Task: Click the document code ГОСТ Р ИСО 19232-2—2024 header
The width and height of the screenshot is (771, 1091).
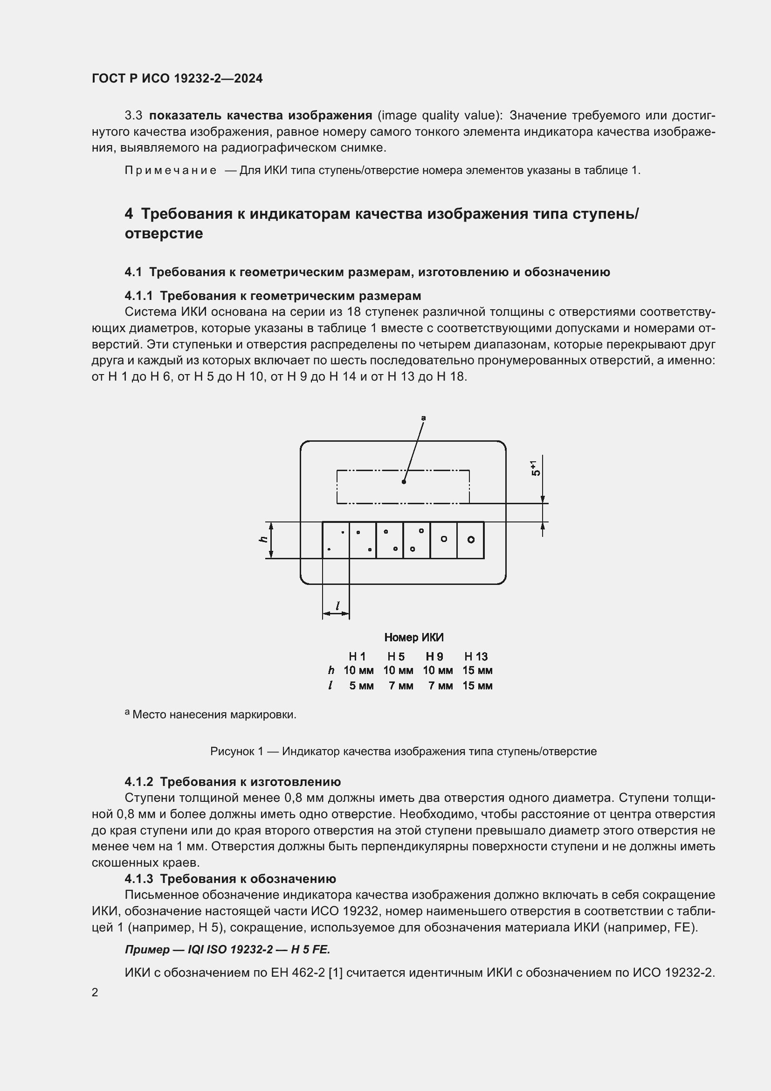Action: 177,78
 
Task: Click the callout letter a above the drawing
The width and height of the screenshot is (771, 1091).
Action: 423,418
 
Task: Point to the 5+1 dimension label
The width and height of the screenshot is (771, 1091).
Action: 536,468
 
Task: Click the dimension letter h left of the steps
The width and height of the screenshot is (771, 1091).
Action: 263,539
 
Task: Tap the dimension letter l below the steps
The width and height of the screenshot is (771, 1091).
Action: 337,606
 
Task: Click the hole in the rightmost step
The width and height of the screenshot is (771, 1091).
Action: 470,539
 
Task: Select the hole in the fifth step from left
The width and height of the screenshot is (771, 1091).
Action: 444,539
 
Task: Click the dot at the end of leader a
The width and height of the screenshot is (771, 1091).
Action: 404,482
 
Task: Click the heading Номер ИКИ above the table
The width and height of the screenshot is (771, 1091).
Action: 413,637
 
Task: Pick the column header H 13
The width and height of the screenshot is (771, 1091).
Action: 476,657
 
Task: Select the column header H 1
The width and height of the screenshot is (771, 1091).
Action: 357,657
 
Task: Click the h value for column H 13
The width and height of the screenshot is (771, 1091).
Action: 477,670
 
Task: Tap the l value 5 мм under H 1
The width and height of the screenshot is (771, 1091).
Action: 361,686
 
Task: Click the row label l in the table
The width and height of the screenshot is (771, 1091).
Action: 330,686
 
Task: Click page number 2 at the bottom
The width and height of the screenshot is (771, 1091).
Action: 95,992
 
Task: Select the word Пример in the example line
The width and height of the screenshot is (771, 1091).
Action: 147,949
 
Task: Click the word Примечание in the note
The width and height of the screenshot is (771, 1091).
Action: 171,171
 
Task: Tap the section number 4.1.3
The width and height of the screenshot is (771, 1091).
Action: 138,879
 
